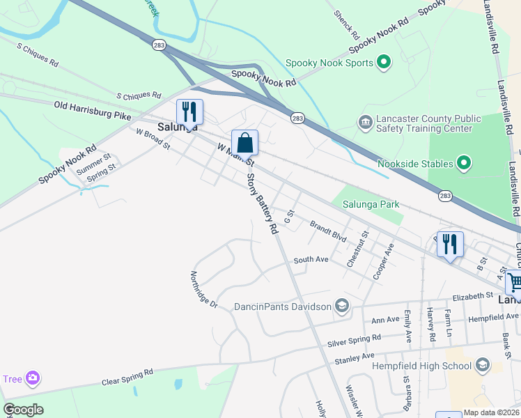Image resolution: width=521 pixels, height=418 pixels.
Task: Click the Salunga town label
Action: pos(177,127)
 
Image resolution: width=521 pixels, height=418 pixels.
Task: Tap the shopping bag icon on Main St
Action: pos(244,143)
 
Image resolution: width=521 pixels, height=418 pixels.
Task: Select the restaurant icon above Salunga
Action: pos(189,111)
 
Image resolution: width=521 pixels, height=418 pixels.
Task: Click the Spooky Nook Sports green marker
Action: pos(383,63)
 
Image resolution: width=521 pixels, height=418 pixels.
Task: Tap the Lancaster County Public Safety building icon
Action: pos(365,123)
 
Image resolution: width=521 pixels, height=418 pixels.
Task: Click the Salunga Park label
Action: pos(371,204)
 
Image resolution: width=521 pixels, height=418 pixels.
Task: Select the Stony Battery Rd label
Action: pos(263,201)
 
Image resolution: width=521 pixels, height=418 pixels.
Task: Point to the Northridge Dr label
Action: pos(204,290)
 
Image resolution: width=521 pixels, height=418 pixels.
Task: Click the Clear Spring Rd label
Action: pos(127,377)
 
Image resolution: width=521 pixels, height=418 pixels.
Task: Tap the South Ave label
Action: pos(311,259)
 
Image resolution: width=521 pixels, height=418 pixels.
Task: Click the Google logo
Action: pos(24,410)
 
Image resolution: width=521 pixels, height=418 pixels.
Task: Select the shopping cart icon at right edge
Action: pos(515,283)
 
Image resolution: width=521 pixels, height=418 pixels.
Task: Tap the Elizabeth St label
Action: pos(472,297)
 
